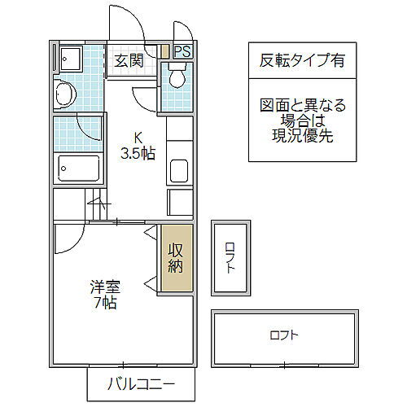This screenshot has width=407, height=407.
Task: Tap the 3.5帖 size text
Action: click(x=137, y=152)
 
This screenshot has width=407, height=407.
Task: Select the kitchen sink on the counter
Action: click(x=179, y=172)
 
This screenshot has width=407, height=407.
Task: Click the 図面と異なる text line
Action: click(x=291, y=105)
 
